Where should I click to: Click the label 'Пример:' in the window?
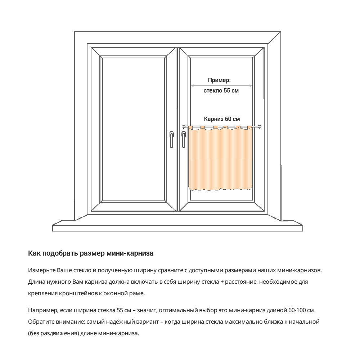pyautogui.click(x=219, y=80)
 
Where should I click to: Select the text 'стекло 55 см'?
pyautogui.click(x=221, y=91)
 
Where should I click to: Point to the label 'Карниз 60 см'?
pyautogui.click(x=222, y=119)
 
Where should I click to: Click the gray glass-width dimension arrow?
pyautogui.click(x=221, y=86)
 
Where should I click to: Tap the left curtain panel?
pyautogui.click(x=204, y=158)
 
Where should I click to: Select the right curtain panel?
pyautogui.click(x=235, y=158)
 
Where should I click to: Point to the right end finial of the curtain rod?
pyautogui.click(x=259, y=126)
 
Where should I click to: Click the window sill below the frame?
pyautogui.click(x=177, y=227)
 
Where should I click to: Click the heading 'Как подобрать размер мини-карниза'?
pyautogui.click(x=91, y=253)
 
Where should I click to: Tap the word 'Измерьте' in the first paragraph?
pyautogui.click(x=41, y=270)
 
